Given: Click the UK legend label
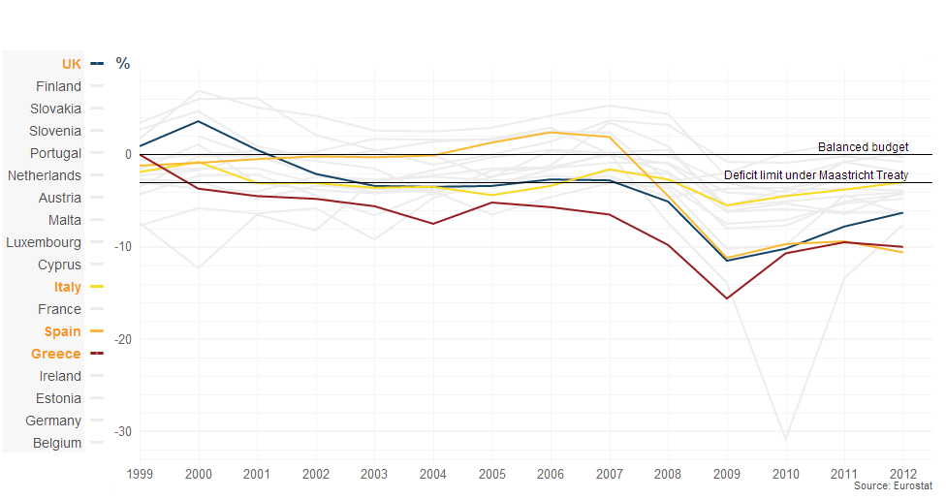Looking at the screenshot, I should pyautogui.click(x=71, y=64).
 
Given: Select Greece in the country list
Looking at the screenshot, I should pyautogui.click(x=56, y=354).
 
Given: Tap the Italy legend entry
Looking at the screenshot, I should pyautogui.click(x=68, y=287).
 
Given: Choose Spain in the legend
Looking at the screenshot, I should pyautogui.click(x=63, y=331).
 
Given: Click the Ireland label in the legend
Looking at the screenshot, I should pyautogui.click(x=60, y=376).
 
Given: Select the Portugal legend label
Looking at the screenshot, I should pyautogui.click(x=56, y=153).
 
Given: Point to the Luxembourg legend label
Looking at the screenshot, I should pyautogui.click(x=44, y=242).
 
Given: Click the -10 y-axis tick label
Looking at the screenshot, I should pyautogui.click(x=120, y=247).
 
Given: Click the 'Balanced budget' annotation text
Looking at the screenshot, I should pyautogui.click(x=863, y=147).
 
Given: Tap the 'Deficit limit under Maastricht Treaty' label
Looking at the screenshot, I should pyautogui.click(x=815, y=175).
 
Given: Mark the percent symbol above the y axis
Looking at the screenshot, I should pyautogui.click(x=123, y=64).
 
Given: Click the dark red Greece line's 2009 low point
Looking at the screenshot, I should pyautogui.click(x=727, y=298).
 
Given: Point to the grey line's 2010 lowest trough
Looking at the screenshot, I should pyautogui.click(x=785, y=439).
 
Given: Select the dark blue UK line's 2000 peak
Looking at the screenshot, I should pyautogui.click(x=199, y=121).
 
